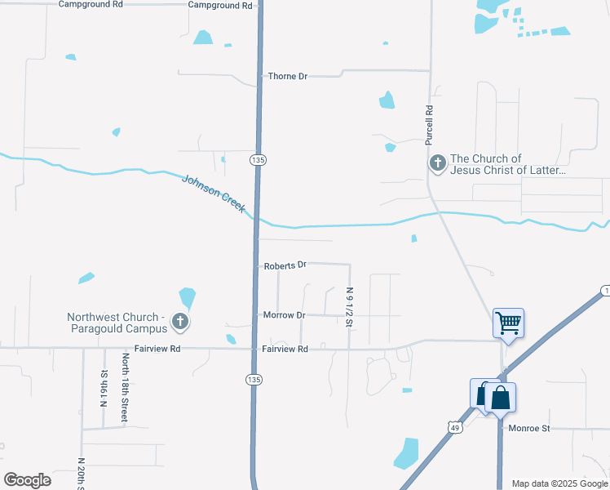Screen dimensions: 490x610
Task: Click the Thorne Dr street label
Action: (x=288, y=76)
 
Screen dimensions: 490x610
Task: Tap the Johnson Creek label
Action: (x=213, y=194)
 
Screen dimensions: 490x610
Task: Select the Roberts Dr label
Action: (x=285, y=265)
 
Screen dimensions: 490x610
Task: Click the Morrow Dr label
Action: (x=284, y=314)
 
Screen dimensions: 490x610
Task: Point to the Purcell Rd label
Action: (x=428, y=124)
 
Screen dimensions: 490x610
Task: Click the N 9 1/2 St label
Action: (x=349, y=307)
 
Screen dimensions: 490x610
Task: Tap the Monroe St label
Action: (x=529, y=427)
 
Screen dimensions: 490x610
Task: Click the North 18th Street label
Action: (x=125, y=387)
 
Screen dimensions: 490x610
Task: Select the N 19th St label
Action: (x=104, y=385)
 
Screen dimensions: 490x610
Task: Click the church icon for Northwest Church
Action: (x=180, y=323)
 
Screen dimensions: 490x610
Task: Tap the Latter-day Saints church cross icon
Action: (x=438, y=164)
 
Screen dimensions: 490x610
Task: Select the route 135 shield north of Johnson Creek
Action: (x=258, y=159)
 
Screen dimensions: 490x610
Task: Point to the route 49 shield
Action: (x=454, y=426)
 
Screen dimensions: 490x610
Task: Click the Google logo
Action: (x=27, y=479)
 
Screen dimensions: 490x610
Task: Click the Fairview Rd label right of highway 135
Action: (x=285, y=349)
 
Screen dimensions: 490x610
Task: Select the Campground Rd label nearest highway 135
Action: (x=220, y=5)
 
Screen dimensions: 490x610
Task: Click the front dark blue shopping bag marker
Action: (x=501, y=399)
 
